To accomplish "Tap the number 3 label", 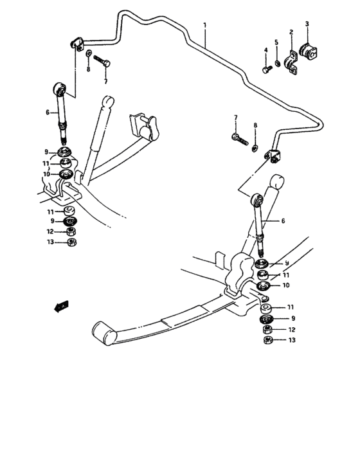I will click(x=307, y=24).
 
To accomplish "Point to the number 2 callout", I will click(x=291, y=32).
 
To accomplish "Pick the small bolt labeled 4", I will click(x=265, y=67).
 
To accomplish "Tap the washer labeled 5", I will click(x=278, y=63).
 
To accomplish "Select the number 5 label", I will click(x=278, y=44).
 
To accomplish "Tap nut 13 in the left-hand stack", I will click(x=71, y=242).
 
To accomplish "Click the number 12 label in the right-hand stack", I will click(x=292, y=329).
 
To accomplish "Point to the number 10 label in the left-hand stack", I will click(x=47, y=174).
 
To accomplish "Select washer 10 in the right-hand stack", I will click(x=263, y=286).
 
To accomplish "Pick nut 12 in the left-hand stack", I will click(x=71, y=231).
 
